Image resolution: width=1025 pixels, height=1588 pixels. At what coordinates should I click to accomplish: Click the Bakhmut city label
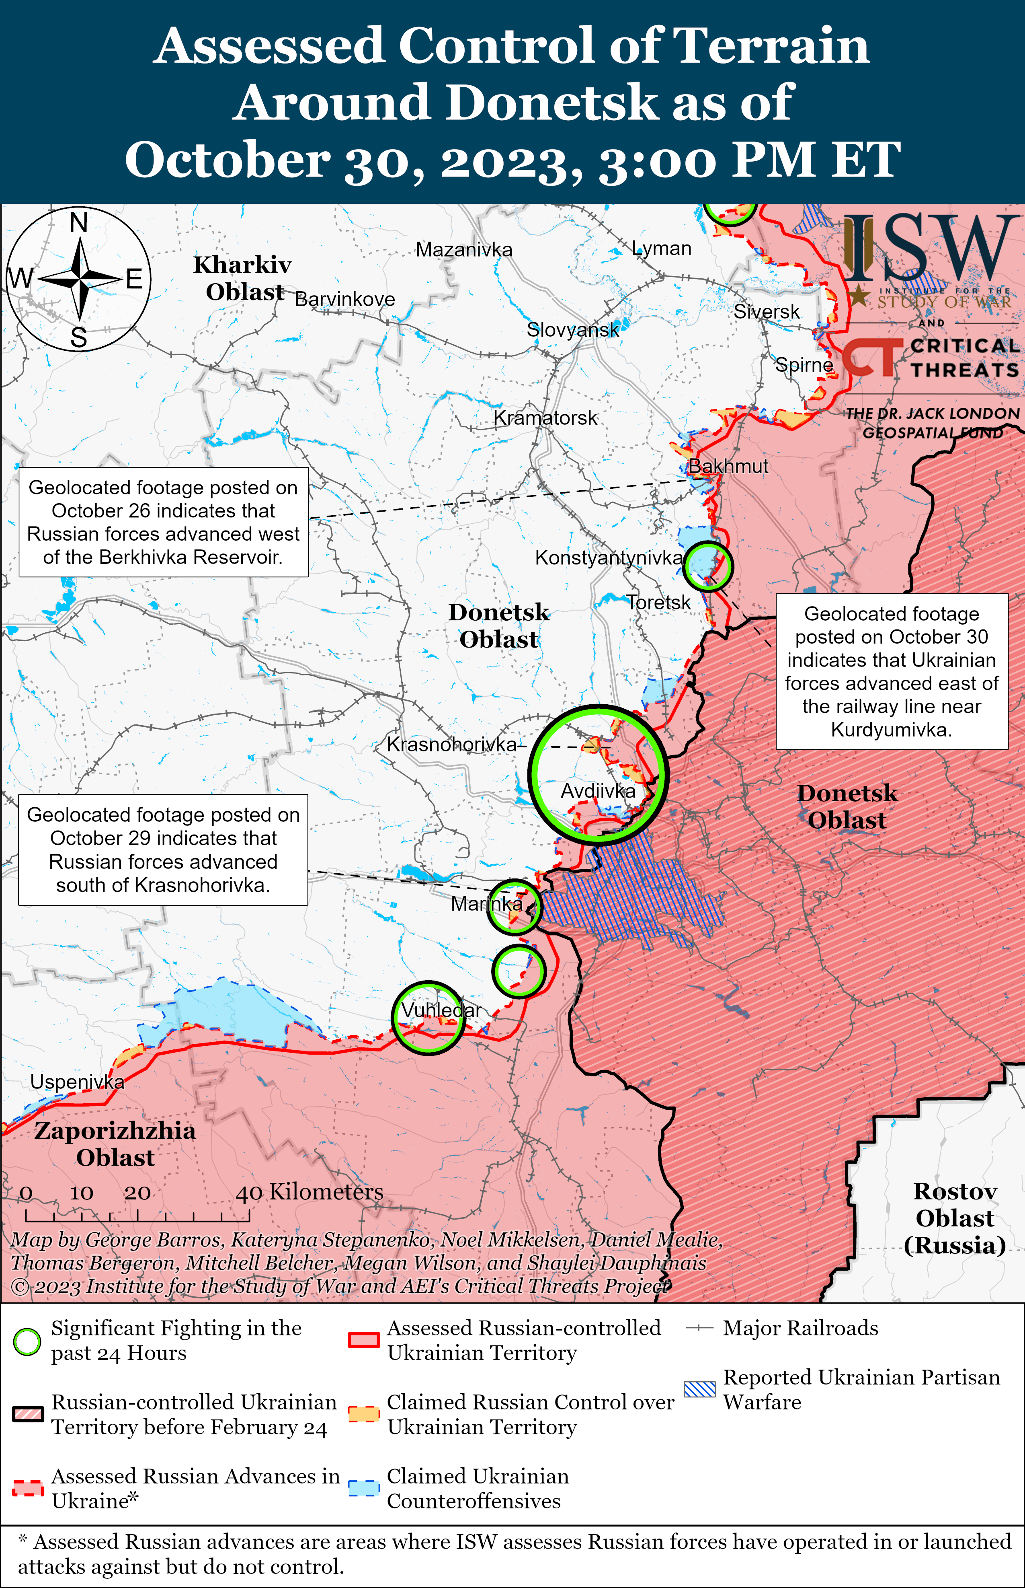point(728,466)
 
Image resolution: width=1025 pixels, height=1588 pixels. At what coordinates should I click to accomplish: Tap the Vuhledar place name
point(441,1010)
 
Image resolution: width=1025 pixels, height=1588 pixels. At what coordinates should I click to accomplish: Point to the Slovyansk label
point(572,329)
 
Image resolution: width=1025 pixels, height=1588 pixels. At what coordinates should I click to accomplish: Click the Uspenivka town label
point(77,1082)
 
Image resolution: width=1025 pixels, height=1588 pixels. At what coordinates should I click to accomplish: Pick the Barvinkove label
point(345,299)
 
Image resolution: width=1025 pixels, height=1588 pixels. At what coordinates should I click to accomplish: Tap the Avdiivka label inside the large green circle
point(598,791)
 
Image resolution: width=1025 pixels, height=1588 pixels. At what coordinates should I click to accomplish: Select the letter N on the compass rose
point(78,222)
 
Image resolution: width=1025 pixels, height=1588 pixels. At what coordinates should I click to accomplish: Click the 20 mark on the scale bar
point(137,1193)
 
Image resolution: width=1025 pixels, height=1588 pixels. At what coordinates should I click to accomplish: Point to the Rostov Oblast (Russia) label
point(954,1218)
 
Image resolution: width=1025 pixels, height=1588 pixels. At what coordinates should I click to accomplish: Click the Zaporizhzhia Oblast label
point(115,1144)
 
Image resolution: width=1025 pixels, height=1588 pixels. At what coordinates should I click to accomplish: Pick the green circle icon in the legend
point(27,1341)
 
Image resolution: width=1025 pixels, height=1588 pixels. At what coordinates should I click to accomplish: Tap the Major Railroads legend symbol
point(699,1328)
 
